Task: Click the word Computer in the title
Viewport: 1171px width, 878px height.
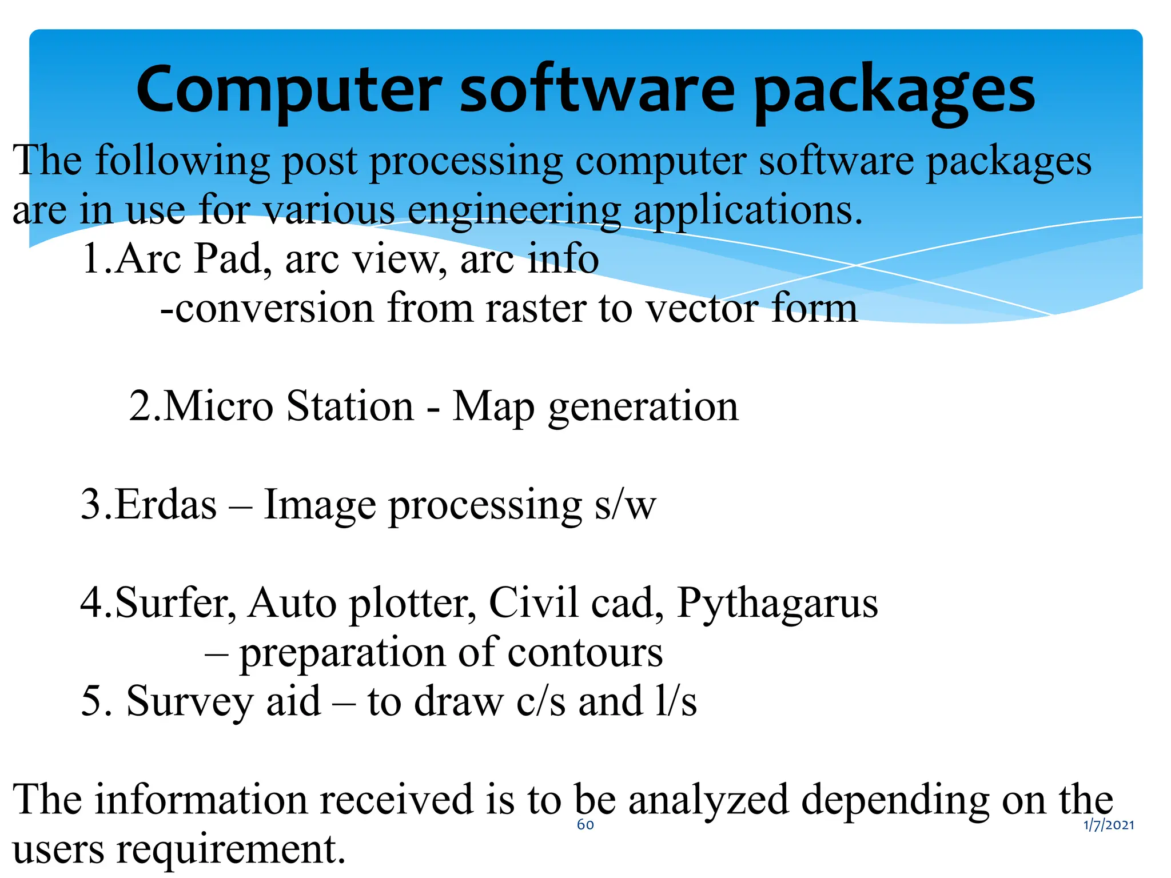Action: click(289, 90)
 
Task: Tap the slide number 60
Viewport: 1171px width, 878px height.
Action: click(585, 824)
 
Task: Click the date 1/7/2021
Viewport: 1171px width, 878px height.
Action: click(1109, 825)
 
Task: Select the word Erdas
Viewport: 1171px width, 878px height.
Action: click(166, 505)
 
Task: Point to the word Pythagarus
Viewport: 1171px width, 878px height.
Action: click(777, 604)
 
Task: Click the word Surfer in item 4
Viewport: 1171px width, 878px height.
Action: click(175, 604)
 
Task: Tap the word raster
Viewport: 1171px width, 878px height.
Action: click(536, 309)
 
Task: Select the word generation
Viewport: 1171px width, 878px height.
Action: click(643, 408)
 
